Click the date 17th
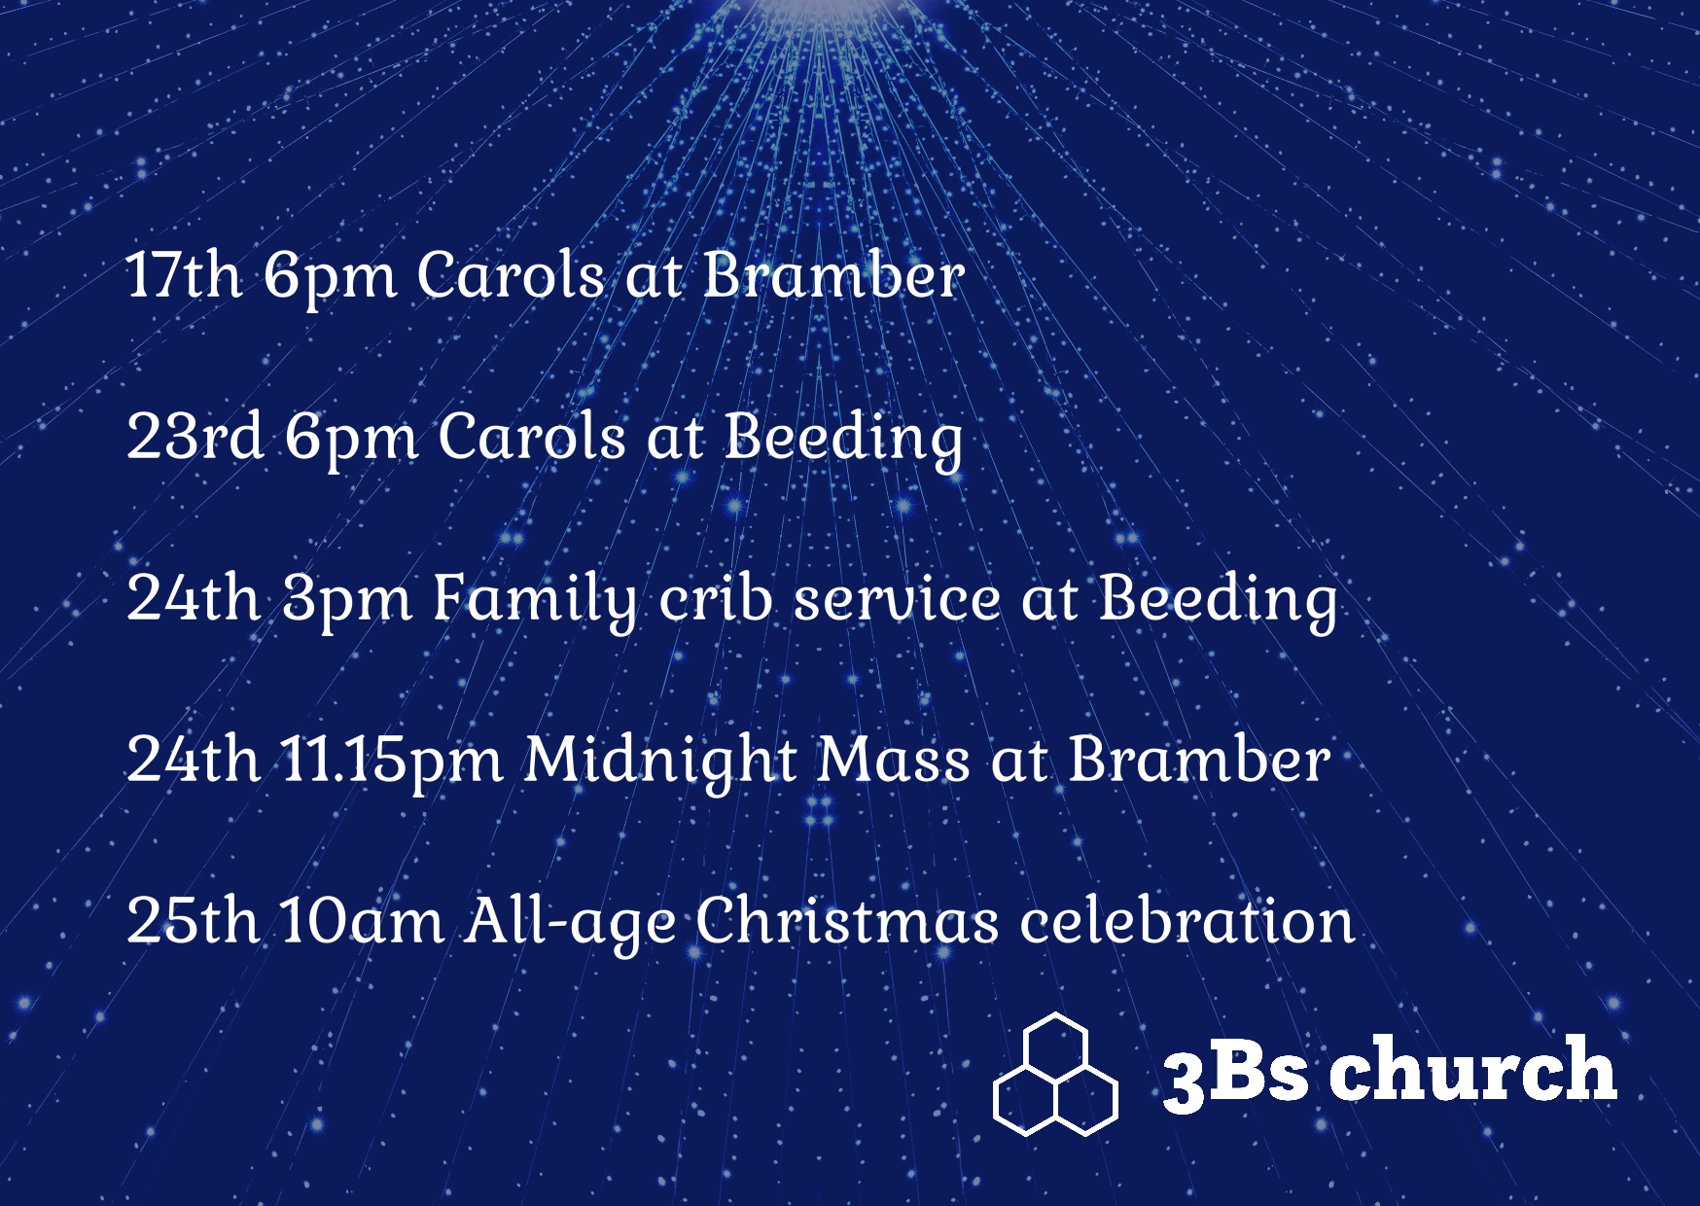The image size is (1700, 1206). (x=184, y=274)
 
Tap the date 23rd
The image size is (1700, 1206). (x=195, y=436)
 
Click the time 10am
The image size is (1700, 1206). (x=362, y=920)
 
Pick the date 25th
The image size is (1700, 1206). (x=193, y=920)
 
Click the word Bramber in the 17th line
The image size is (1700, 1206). (x=833, y=274)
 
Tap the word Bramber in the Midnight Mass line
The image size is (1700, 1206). (x=1199, y=759)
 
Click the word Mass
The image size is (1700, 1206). (x=893, y=759)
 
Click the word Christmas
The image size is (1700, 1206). (x=847, y=920)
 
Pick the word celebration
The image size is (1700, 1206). (x=1186, y=920)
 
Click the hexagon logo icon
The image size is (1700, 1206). (x=1055, y=1074)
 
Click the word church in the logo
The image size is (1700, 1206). (x=1472, y=1068)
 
